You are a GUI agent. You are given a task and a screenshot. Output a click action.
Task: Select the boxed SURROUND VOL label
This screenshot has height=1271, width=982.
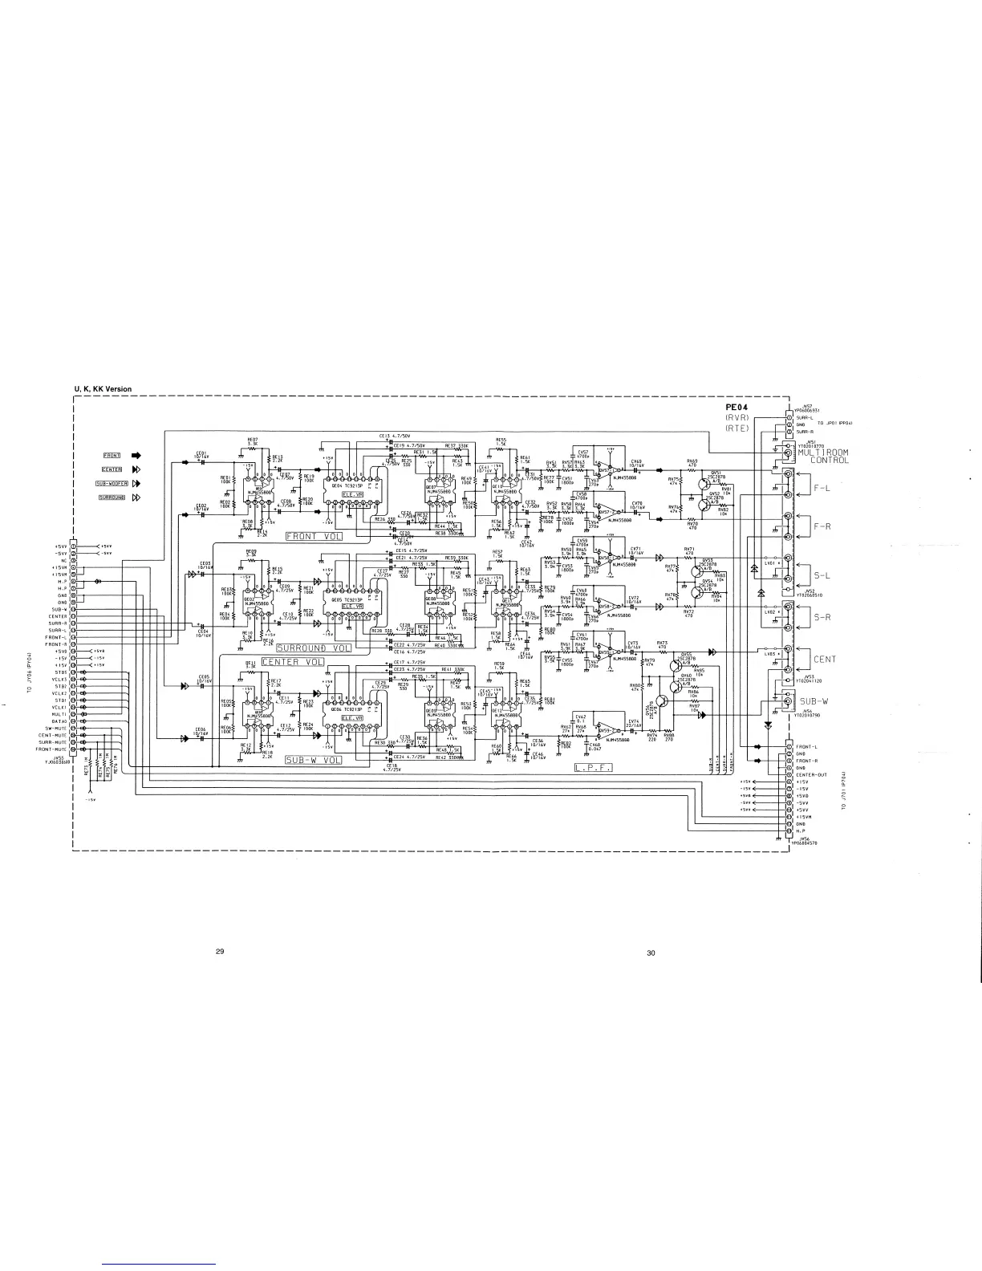(x=314, y=648)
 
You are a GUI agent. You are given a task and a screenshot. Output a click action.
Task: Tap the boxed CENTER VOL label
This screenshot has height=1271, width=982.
(x=292, y=662)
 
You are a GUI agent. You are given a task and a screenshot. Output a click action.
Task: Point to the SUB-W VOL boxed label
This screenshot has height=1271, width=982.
(x=314, y=760)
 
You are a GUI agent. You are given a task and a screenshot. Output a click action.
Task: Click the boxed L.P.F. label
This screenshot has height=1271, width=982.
(x=594, y=768)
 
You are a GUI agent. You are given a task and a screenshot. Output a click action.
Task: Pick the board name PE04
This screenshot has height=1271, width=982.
(x=736, y=408)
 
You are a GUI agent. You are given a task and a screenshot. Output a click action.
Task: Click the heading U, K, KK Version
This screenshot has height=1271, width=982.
(x=103, y=389)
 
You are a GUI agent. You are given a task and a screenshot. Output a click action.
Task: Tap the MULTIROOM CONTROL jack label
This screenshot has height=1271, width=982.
(x=823, y=457)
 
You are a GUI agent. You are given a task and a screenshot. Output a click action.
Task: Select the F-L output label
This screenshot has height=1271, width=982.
(x=822, y=488)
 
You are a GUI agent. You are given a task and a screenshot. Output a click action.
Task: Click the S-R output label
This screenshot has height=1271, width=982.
(x=823, y=617)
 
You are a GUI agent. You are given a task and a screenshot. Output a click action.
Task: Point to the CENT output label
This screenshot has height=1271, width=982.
(x=825, y=660)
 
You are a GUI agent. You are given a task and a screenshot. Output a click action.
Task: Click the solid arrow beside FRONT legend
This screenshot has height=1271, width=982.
(x=136, y=456)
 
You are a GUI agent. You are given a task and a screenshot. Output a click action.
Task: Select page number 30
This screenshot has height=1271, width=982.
(x=651, y=953)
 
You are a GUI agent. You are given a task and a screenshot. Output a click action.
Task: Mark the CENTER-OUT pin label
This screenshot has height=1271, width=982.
(x=812, y=774)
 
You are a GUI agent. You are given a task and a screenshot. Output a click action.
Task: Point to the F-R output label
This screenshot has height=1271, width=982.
(x=822, y=527)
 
